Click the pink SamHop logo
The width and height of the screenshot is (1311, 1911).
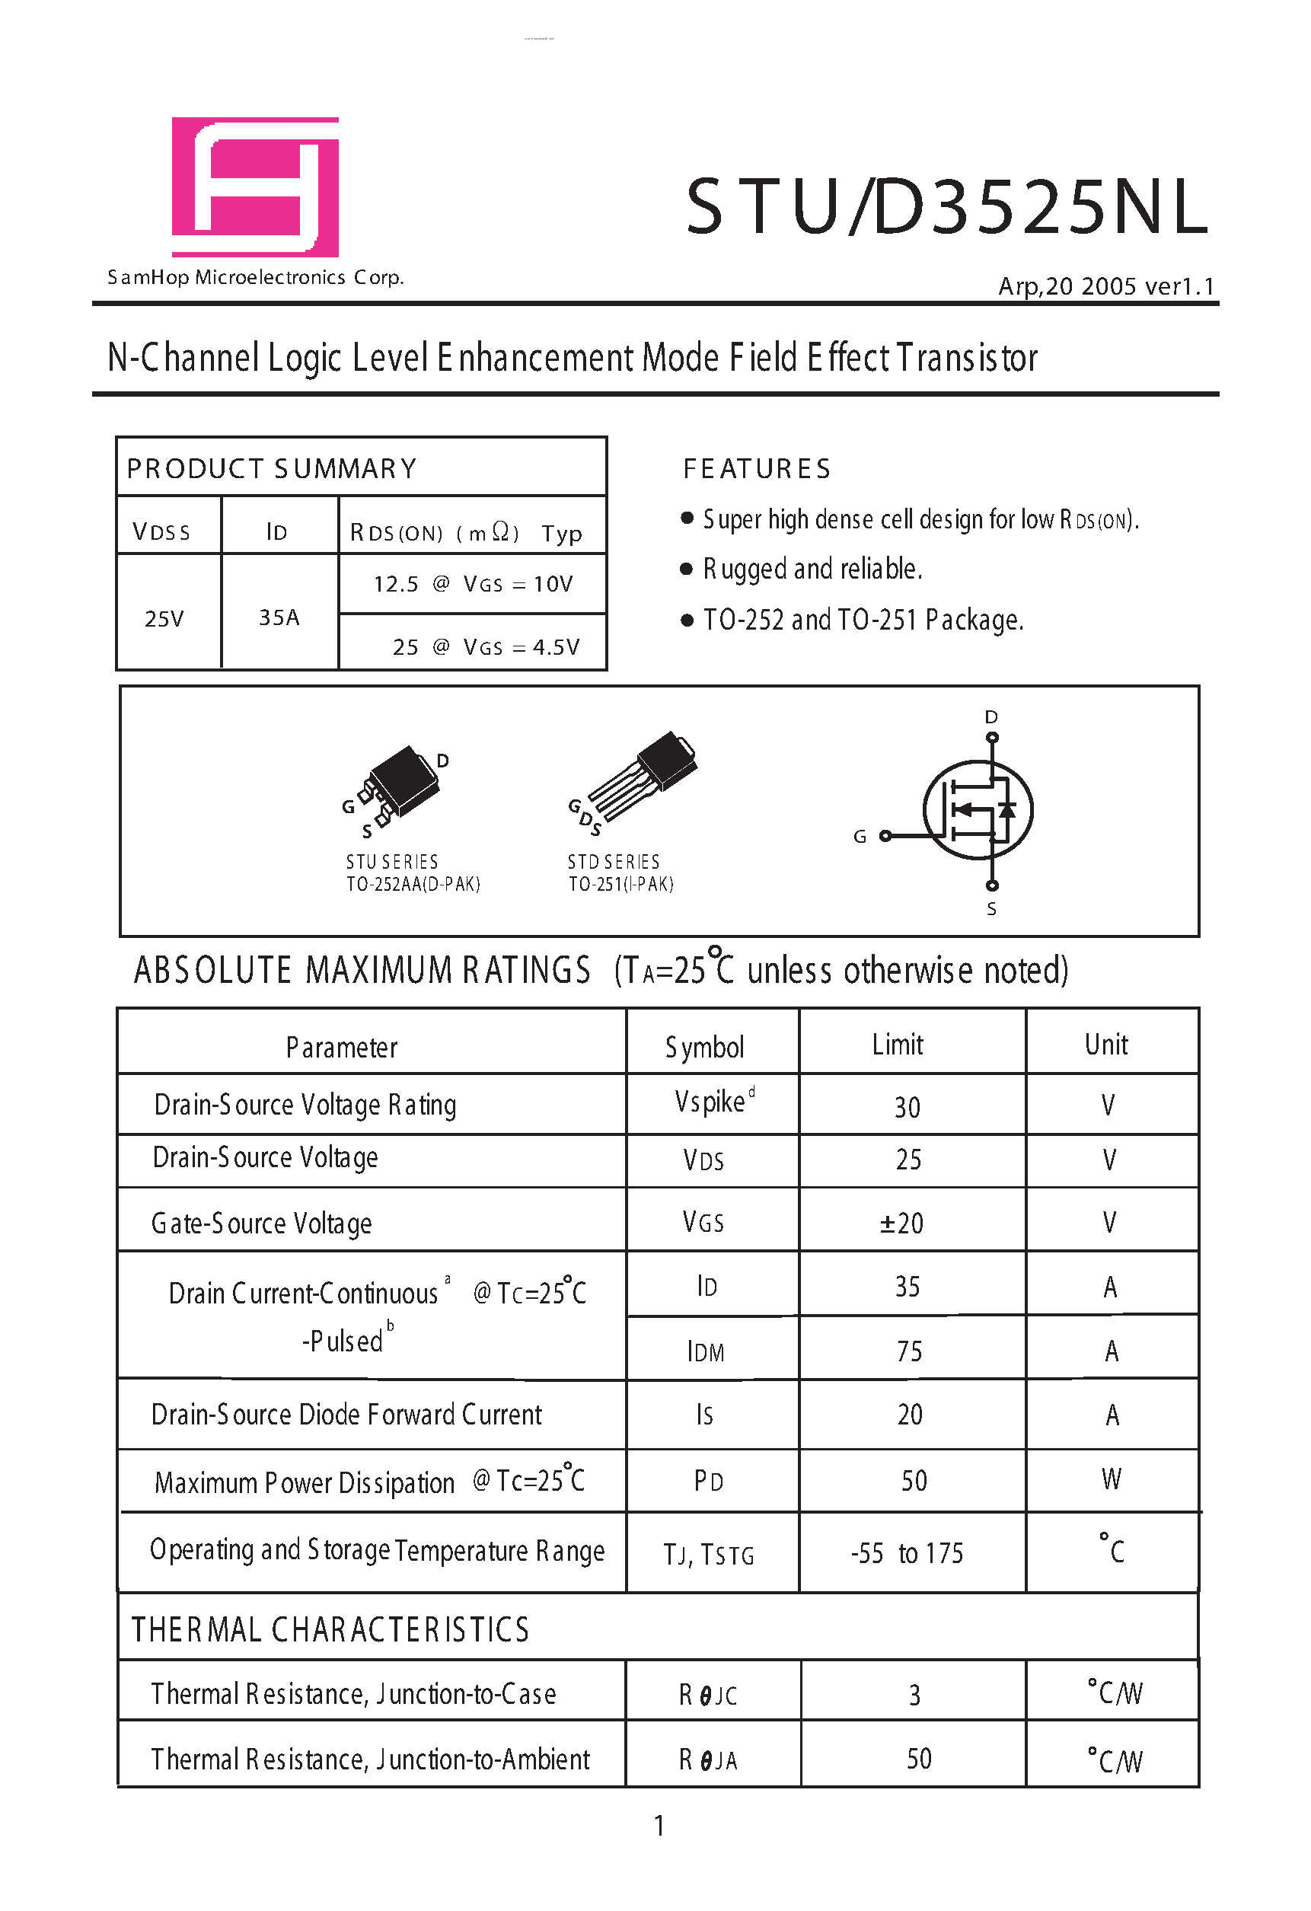(x=255, y=187)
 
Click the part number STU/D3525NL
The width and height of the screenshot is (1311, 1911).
(x=946, y=207)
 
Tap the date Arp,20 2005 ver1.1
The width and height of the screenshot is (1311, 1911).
(x=1105, y=286)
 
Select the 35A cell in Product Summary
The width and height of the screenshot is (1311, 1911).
(x=279, y=617)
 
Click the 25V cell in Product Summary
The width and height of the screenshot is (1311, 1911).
(x=164, y=618)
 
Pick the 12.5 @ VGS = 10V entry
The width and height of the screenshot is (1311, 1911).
(x=472, y=584)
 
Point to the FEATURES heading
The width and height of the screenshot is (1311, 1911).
(x=756, y=469)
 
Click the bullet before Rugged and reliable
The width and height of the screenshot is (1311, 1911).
(x=687, y=569)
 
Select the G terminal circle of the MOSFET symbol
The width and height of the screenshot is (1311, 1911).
(x=885, y=836)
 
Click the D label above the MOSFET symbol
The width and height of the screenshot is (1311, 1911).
(x=991, y=717)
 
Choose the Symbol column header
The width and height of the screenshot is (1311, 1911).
(x=704, y=1047)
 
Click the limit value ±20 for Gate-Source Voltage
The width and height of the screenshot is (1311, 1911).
(x=901, y=1223)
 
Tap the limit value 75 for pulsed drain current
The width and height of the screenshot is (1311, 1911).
(x=909, y=1351)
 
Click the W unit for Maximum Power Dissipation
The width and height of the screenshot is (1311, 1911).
(x=1111, y=1479)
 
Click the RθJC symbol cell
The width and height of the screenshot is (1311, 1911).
(x=707, y=1695)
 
